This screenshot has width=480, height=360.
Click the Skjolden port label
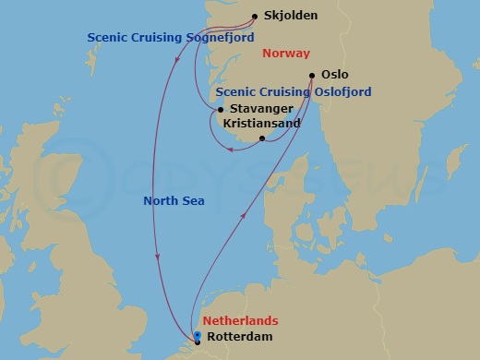[291, 16]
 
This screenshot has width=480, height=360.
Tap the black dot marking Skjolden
[256, 16]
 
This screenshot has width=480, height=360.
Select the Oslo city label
[334, 74]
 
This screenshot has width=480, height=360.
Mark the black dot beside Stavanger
[220, 110]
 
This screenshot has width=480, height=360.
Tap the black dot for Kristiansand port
[262, 139]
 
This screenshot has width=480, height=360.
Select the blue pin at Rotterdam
[198, 335]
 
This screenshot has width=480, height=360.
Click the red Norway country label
[286, 54]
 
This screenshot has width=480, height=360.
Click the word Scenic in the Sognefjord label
[106, 38]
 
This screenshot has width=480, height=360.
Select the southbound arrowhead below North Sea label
[160, 258]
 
